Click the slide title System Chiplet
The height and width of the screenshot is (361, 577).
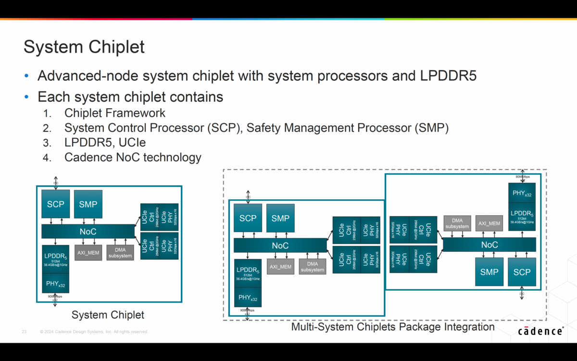[84, 47]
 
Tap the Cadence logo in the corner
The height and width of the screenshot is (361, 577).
[540, 331]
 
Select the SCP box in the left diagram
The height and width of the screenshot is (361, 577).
[55, 204]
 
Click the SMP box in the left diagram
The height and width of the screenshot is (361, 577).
[88, 204]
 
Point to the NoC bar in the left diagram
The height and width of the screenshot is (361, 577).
[88, 232]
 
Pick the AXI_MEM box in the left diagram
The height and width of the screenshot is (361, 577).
[88, 253]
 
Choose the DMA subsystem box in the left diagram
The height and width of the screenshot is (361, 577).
[120, 253]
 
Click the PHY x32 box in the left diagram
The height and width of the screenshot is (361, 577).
[56, 284]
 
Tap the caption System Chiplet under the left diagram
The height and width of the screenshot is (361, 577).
[108, 315]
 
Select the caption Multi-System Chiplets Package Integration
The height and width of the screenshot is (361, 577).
[393, 327]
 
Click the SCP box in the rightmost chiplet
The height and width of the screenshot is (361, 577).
[522, 272]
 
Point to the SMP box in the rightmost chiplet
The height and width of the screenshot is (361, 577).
[489, 272]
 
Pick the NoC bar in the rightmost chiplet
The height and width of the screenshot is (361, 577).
[489, 245]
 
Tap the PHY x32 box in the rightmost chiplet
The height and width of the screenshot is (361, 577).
[522, 193]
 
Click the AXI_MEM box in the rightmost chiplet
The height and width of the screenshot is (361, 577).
[489, 223]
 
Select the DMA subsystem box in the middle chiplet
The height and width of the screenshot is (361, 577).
[312, 267]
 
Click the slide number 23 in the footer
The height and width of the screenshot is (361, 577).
[24, 332]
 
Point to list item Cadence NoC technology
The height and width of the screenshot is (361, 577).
[133, 157]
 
